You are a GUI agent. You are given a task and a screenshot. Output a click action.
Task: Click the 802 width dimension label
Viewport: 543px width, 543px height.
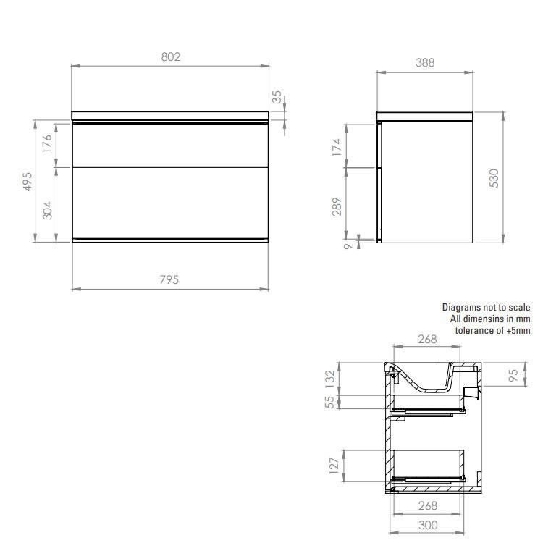pos(169,56)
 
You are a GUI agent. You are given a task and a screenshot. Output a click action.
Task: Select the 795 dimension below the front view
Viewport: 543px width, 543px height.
pos(169,280)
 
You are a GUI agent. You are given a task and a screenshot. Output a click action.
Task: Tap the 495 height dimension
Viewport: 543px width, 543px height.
pos(28,181)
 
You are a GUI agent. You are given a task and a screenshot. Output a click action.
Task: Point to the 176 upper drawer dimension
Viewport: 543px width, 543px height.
pos(49,144)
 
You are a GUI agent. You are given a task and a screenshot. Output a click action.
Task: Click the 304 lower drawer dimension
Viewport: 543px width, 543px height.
pos(49,210)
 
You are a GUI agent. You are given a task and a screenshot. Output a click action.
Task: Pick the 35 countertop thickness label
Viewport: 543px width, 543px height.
pos(277,98)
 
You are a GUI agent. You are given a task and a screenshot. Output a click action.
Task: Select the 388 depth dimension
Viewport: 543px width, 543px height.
pos(424,63)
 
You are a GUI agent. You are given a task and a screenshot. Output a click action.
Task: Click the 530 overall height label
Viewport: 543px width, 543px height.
pos(495,177)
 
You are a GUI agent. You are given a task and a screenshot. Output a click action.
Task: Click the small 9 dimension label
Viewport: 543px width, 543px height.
pos(348,247)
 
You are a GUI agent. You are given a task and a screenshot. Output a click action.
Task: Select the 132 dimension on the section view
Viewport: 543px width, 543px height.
pos(329,377)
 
